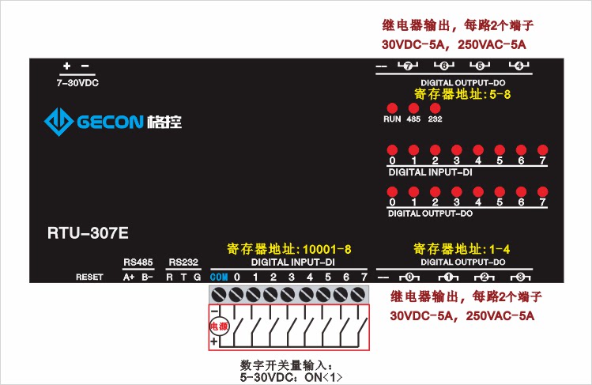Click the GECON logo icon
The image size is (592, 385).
(58, 122)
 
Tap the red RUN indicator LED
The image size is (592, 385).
(391, 108)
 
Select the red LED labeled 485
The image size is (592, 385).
(413, 108)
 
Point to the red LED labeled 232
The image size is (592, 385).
(434, 108)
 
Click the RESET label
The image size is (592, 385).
(89, 277)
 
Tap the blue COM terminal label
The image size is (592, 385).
(219, 277)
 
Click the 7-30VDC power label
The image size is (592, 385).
(77, 82)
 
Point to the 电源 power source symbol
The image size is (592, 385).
(217, 326)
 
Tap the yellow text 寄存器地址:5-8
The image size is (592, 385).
(462, 94)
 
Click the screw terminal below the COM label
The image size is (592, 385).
(219, 295)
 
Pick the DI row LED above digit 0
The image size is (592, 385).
(391, 149)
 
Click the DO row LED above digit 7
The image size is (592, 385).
(542, 192)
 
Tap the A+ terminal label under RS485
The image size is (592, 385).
(129, 277)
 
